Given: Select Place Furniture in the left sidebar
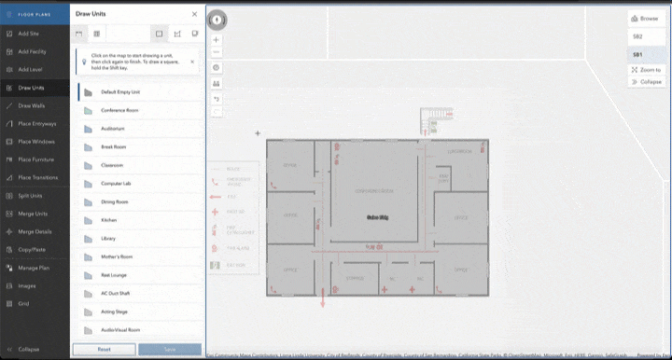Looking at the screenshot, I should [x=35, y=159].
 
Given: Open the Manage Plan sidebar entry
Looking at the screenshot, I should [x=33, y=268].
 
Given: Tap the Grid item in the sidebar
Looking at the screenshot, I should [x=24, y=303].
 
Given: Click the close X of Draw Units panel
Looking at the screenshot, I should [x=194, y=14].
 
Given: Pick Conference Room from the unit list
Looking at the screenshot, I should [x=119, y=110].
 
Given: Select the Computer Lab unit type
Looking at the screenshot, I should [x=117, y=183].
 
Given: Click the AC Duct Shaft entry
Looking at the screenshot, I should [x=117, y=293].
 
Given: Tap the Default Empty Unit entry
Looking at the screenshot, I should [x=120, y=92].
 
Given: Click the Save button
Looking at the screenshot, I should [x=169, y=349].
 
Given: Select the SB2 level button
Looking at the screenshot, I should [x=638, y=36].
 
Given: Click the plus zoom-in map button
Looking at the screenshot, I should [x=217, y=40].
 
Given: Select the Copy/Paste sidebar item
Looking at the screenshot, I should [x=31, y=250].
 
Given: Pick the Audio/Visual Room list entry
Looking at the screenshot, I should [x=121, y=329].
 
